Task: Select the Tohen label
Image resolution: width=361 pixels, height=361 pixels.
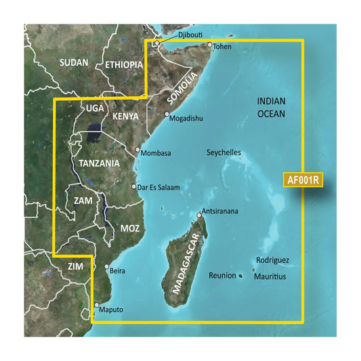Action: pos(224,46)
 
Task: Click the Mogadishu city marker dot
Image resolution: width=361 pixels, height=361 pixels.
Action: pos(167,114)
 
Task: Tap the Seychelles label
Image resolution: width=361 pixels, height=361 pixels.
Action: pos(223,153)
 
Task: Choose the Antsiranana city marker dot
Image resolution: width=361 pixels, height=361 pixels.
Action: pos(199,215)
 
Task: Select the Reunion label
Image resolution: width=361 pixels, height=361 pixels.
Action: pos(222,276)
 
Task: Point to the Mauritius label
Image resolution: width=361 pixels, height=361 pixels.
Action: pos(270,277)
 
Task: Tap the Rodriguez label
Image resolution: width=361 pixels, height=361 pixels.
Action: pos(272,260)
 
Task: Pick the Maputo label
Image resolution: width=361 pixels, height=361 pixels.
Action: pos(112,310)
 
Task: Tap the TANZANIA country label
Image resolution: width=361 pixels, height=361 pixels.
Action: pos(98,164)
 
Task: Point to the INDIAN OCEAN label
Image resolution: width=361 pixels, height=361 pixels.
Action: pos(271,107)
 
